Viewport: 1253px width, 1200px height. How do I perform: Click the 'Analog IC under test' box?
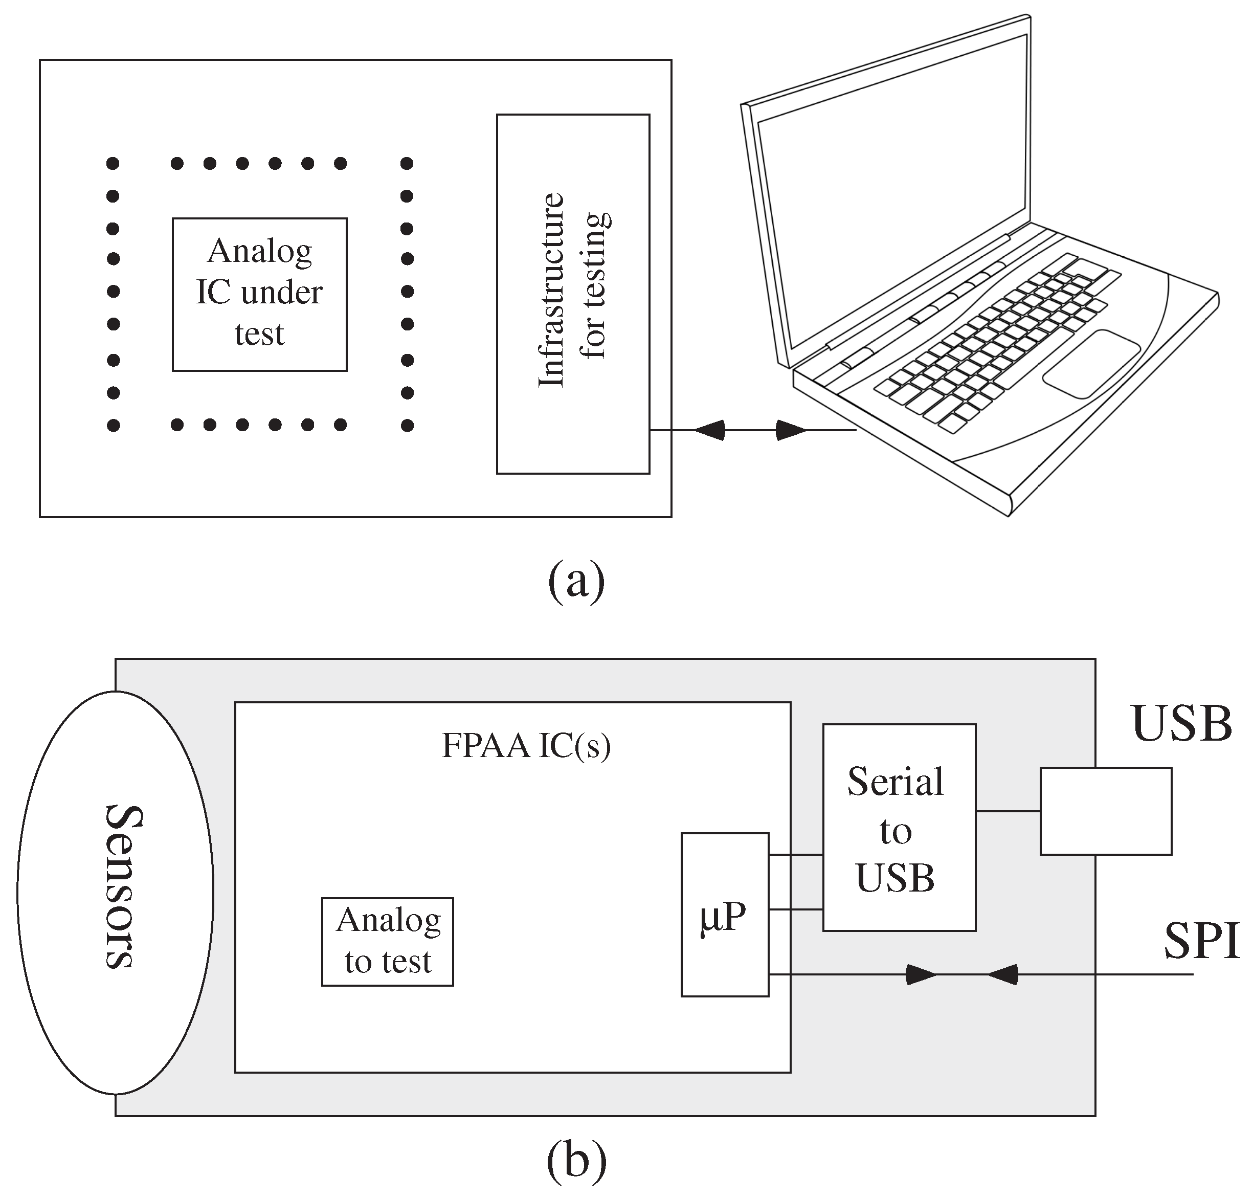[x=260, y=294]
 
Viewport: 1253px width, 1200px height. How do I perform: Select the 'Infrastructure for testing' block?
[x=573, y=294]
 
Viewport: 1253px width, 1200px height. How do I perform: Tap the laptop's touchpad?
[x=1091, y=364]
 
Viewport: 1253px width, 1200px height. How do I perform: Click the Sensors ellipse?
[x=115, y=893]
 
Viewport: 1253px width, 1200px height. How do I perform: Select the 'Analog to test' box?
[x=388, y=942]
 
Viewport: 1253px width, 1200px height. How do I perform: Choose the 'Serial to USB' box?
[x=899, y=828]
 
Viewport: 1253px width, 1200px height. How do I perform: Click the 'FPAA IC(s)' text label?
[x=526, y=746]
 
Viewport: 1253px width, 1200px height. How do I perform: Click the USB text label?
[x=1181, y=724]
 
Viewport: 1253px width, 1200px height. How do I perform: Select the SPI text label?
[x=1201, y=942]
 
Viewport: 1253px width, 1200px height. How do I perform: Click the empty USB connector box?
[x=1106, y=811]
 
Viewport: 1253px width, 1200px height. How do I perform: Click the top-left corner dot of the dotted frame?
[x=113, y=164]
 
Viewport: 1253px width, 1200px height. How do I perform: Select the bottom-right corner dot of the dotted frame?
[x=407, y=425]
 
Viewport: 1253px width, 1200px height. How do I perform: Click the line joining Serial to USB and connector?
[x=1008, y=811]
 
